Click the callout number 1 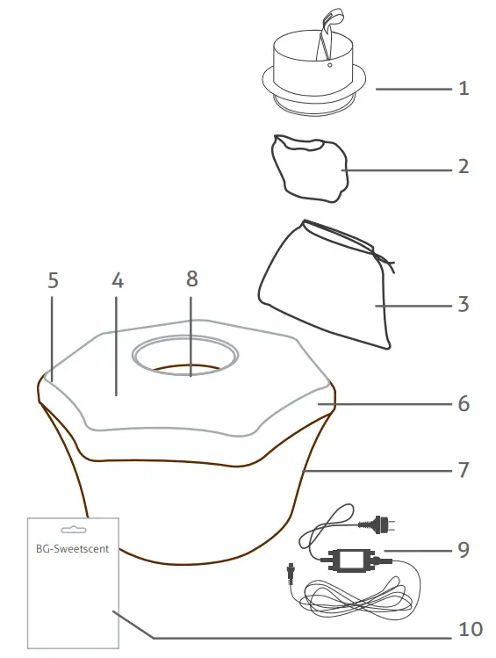pyautogui.click(x=463, y=89)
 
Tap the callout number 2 pyautogui.click(x=463, y=166)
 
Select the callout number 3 pyautogui.click(x=463, y=305)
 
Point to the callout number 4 pyautogui.click(x=119, y=281)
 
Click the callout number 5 pyautogui.click(x=54, y=281)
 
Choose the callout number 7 pyautogui.click(x=463, y=470)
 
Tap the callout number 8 pyautogui.click(x=192, y=279)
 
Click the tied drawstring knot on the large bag pyautogui.click(x=383, y=259)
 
